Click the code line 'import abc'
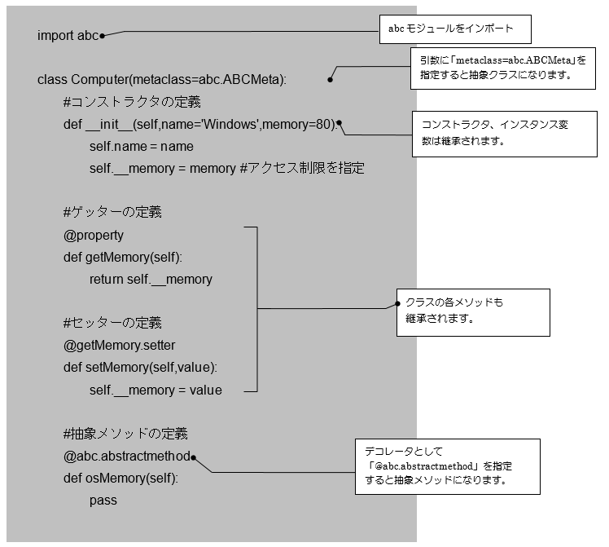tap(68, 36)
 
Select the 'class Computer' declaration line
tap(162, 80)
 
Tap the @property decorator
tap(94, 235)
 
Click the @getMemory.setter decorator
tap(120, 345)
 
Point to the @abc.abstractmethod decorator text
tap(126, 456)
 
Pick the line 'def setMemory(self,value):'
tap(140, 367)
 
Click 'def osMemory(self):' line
tap(120, 478)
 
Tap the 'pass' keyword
tap(103, 500)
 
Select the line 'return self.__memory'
tap(151, 279)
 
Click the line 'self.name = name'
tap(142, 147)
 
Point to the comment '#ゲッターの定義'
tap(112, 213)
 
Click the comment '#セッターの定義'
tap(112, 323)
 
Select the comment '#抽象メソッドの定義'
tap(126, 434)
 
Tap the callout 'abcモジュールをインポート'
tap(455, 29)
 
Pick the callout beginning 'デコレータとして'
tap(448, 466)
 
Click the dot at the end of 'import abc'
tap(102, 35)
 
